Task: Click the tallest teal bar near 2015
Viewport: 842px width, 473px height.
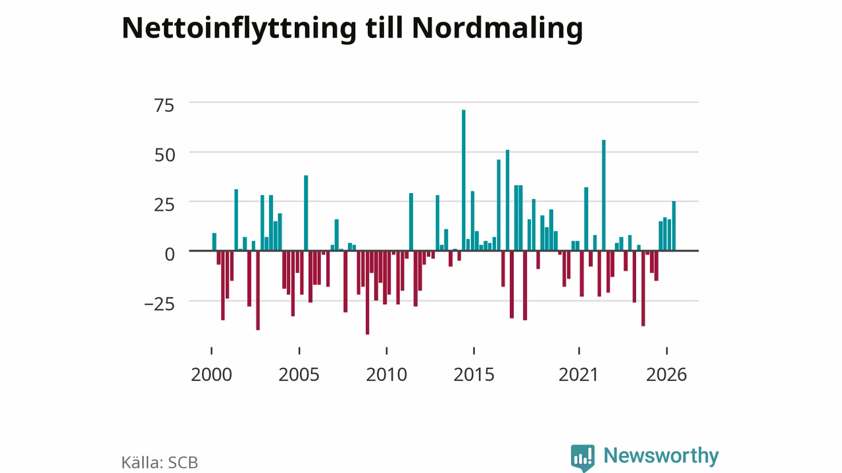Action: coord(464,180)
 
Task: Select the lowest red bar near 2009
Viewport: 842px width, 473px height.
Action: coord(367,292)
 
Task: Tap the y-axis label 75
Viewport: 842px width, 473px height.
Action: coord(164,106)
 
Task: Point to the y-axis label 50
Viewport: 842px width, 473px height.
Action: coord(164,155)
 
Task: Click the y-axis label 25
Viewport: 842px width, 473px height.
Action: coord(164,205)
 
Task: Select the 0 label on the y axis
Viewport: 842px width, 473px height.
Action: coord(170,254)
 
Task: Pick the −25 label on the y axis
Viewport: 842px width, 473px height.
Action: coord(159,304)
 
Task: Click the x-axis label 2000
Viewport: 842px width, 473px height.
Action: coord(211,374)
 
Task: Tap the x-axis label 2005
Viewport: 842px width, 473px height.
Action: coord(299,374)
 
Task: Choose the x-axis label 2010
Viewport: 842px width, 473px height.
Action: coord(386,374)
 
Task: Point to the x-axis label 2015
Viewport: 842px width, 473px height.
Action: coord(474,374)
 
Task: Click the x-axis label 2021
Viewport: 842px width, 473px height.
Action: coord(578,374)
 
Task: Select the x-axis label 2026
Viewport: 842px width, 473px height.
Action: coord(666,374)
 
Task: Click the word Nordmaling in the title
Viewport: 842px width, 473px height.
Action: coord(498,29)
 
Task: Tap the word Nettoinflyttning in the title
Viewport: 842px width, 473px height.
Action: coord(239,29)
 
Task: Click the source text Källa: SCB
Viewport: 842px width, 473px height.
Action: coord(159,462)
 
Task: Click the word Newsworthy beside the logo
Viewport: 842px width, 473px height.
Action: coord(661,456)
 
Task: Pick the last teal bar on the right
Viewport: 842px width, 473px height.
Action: coord(674,225)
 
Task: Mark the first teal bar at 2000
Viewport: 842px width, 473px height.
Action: coord(214,242)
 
